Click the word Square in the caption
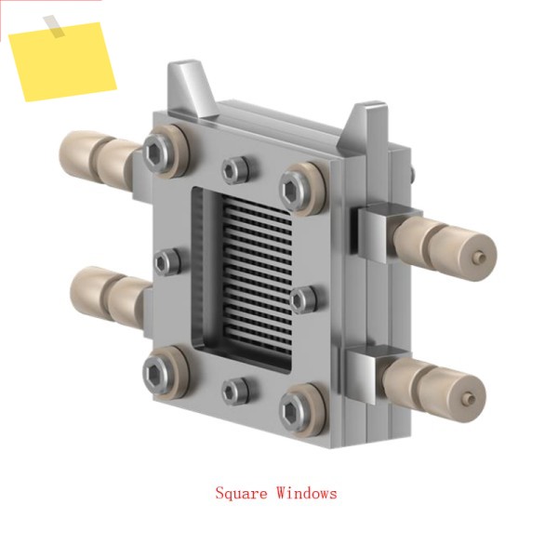click(241, 494)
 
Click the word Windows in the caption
click(307, 493)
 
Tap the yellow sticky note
click(62, 62)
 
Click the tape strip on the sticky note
click(54, 26)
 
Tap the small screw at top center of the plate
click(235, 170)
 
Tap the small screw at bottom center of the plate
click(235, 392)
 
